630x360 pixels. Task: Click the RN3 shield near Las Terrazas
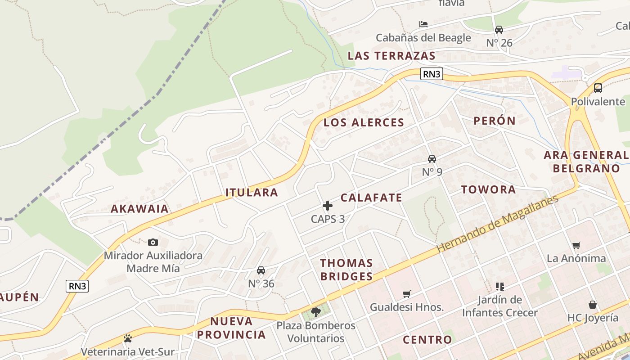coord(432,74)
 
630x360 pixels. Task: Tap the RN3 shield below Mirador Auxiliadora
coord(77,286)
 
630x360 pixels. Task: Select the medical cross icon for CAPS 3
coord(328,206)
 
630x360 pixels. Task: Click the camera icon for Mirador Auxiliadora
coord(153,242)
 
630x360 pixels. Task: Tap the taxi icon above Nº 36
coord(261,270)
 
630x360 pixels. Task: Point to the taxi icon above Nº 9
coord(432,158)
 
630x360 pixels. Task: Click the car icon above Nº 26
coord(499,30)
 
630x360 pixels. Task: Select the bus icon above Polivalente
coord(598,88)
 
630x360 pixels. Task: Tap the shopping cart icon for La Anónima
coord(576,245)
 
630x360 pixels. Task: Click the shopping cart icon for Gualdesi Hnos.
coord(407,294)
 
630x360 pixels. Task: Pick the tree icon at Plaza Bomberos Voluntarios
coord(316,311)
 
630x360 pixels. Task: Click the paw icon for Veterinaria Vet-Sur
coord(128,338)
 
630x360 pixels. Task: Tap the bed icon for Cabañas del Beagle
coord(423,24)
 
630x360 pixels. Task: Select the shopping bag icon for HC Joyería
coord(593,305)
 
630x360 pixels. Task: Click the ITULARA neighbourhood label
coord(252,193)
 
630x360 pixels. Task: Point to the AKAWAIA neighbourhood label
coord(140,209)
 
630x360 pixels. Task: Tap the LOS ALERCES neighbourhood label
coord(364,122)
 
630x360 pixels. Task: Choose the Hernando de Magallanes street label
coord(497,223)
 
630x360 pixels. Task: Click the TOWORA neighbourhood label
coord(489,189)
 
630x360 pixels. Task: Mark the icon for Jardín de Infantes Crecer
coord(499,286)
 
